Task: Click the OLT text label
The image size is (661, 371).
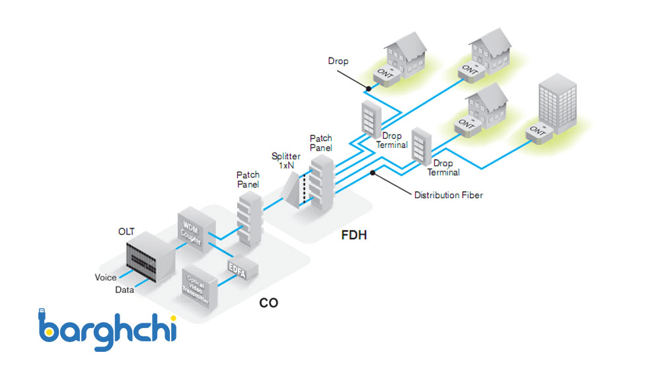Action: pos(126,231)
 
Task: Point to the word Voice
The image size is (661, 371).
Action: pos(106,277)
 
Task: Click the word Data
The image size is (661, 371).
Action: pos(125,289)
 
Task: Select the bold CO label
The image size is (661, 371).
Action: pos(268,303)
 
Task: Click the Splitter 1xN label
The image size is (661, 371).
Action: pos(286,160)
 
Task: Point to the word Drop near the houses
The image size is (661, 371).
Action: pos(338,61)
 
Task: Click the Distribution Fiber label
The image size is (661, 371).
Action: pos(448,195)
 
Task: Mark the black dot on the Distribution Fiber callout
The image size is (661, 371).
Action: pos(373,173)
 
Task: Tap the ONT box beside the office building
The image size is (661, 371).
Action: pos(539,134)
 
